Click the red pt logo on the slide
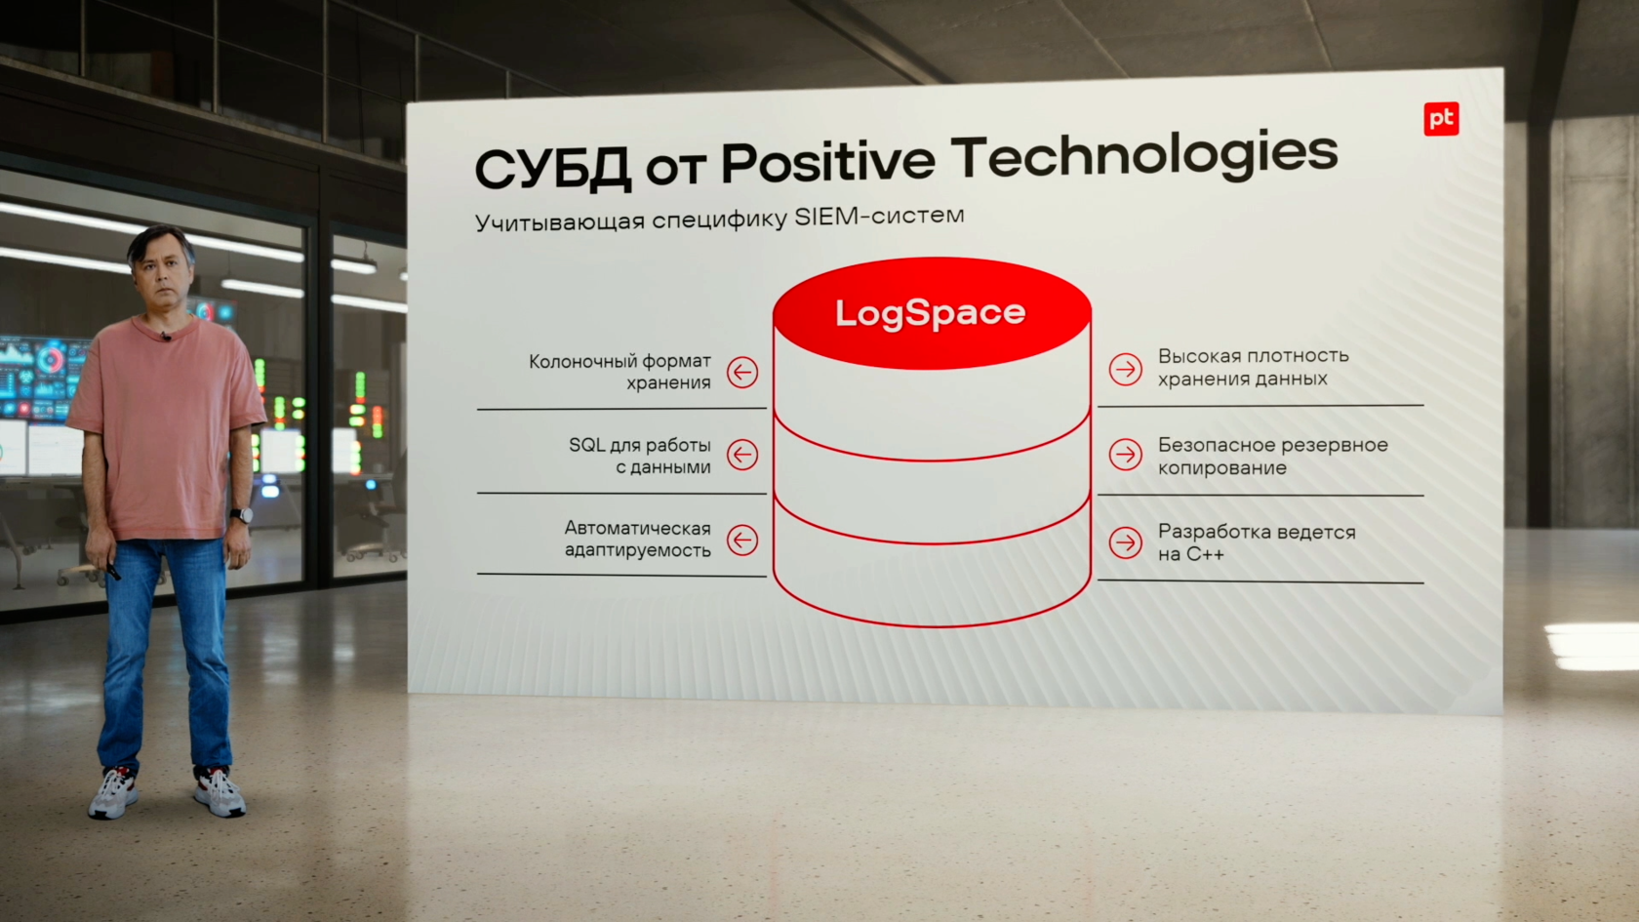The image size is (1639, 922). pos(1441,119)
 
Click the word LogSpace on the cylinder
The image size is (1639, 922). pos(930,313)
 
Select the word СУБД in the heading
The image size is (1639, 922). pos(553,168)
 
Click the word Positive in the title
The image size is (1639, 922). pos(827,161)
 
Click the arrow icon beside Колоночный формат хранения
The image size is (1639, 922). pos(741,373)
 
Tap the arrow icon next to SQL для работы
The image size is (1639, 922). pos(741,455)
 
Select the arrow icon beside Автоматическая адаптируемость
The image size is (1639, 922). pos(741,541)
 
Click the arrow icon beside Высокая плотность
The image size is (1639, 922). pos(1126,369)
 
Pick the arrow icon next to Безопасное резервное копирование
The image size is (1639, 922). pos(1126,455)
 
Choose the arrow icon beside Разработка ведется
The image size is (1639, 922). pos(1126,542)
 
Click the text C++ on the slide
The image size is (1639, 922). pos(1205,554)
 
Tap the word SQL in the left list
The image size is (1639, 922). pos(587,445)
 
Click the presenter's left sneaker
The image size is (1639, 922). pos(219,791)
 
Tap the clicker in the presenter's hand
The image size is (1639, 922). pos(112,570)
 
